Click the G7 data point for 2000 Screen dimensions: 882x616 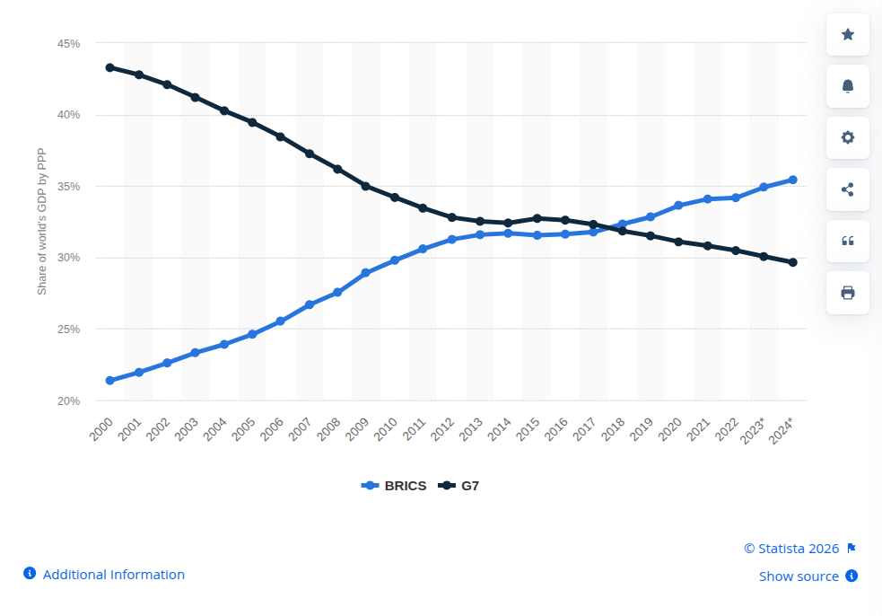pyautogui.click(x=110, y=67)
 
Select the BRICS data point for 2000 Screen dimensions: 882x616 pyautogui.click(x=110, y=381)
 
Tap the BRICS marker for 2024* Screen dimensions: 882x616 pyautogui.click(x=793, y=180)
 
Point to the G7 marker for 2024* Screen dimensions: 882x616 pyautogui.click(x=793, y=262)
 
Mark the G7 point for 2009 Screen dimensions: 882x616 pyautogui.click(x=365, y=186)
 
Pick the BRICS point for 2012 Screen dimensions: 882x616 pyautogui.click(x=451, y=239)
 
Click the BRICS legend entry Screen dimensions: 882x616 pyautogui.click(x=394, y=486)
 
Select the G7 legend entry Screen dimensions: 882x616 pyautogui.click(x=458, y=486)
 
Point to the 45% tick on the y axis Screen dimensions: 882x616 pyautogui.click(x=68, y=43)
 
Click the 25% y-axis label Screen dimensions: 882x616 pyautogui.click(x=68, y=329)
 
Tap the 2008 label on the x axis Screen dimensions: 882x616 pyautogui.click(x=328, y=429)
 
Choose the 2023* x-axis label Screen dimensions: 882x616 pyautogui.click(x=752, y=431)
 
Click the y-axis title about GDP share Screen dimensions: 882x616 pyautogui.click(x=41, y=221)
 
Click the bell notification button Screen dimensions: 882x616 pyautogui.click(x=848, y=86)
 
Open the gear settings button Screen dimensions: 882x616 pyautogui.click(x=848, y=137)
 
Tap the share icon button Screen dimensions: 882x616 pyautogui.click(x=848, y=189)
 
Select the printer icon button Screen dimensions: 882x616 pyautogui.click(x=848, y=293)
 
